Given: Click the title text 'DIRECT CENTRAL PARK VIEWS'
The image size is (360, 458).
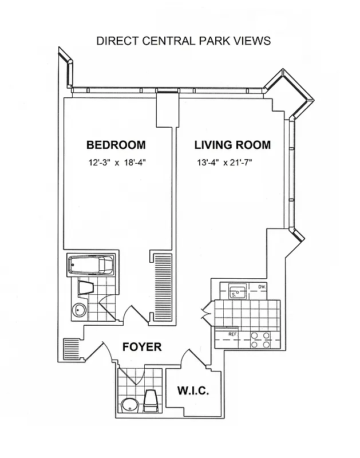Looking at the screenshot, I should [183, 41].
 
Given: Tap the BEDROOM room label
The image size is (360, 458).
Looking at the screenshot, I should [116, 145].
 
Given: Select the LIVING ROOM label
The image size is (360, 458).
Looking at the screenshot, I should [232, 145].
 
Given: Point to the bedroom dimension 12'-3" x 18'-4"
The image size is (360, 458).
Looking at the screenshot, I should [117, 162].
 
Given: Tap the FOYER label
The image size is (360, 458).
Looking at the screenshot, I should [143, 347].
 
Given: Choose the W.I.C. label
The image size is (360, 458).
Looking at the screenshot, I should [193, 392].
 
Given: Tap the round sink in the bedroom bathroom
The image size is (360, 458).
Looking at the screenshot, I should [81, 310].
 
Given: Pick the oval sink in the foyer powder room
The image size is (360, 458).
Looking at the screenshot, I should [130, 405].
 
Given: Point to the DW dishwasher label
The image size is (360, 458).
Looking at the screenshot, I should [262, 287].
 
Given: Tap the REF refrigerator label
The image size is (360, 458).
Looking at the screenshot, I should [232, 334].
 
